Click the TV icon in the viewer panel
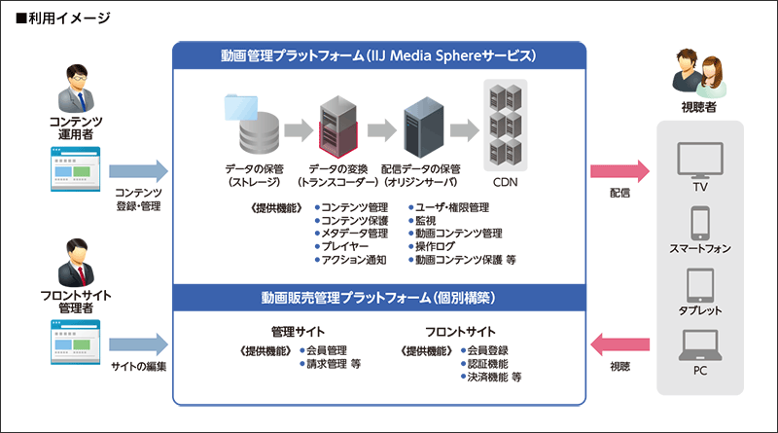point(699,159)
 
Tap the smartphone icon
point(699,223)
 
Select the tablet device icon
point(699,285)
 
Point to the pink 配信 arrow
point(619,170)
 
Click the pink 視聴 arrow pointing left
point(619,343)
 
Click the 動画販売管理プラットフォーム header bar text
point(378,295)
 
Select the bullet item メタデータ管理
point(354,234)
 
